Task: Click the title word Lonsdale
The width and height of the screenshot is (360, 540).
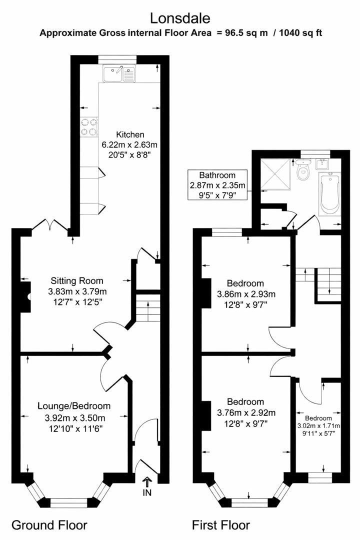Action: (180, 18)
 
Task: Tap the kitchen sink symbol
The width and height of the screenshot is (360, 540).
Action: (119, 74)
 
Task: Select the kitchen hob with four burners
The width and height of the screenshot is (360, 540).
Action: (88, 126)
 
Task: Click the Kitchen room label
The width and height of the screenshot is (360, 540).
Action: (130, 134)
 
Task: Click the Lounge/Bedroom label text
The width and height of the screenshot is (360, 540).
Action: (74, 406)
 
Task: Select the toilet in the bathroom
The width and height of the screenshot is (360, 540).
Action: (302, 172)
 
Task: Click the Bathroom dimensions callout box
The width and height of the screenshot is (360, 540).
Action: (216, 185)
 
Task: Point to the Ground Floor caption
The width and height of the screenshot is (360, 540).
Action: (49, 525)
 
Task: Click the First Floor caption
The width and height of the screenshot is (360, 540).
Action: (221, 525)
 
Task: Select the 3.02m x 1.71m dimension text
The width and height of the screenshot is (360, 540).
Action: (318, 426)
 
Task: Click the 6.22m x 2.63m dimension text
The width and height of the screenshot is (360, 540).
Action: (130, 144)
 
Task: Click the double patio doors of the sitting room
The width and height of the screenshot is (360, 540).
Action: (50, 226)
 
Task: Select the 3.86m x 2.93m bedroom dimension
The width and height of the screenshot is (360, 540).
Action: (245, 293)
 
